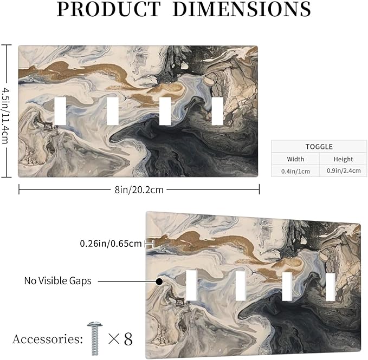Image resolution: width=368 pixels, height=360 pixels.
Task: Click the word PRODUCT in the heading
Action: tap(108, 9)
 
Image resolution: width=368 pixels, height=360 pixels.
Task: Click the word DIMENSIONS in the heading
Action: tap(242, 9)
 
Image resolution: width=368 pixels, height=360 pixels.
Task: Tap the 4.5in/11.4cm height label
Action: tap(5, 115)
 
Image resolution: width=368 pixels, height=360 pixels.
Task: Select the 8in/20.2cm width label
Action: tap(139, 189)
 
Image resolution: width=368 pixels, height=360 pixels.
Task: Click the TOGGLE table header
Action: tap(319, 147)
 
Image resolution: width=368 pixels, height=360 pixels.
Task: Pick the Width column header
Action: tap(295, 159)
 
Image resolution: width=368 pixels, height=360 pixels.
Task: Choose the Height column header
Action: tap(344, 159)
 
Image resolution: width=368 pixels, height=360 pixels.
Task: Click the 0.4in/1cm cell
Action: tap(295, 171)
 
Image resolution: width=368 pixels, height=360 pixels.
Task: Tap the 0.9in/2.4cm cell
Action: tap(344, 171)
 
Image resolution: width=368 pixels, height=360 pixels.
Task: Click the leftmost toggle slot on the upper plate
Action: tap(60, 111)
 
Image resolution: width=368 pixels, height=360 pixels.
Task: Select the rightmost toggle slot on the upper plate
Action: tap(217, 111)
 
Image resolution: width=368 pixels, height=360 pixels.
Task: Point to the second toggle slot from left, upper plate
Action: tap(113, 111)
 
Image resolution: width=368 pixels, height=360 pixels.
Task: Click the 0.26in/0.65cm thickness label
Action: tap(111, 244)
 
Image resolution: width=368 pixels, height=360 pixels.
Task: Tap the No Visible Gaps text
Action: tap(58, 281)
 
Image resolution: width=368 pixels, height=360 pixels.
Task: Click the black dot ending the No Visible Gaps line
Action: tap(159, 282)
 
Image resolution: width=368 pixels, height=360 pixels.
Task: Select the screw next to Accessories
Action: tap(95, 338)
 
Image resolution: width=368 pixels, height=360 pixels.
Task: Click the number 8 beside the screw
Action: tap(128, 339)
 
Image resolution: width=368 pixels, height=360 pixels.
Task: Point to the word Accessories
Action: tap(47, 339)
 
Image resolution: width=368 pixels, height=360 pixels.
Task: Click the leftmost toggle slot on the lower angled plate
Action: tap(191, 285)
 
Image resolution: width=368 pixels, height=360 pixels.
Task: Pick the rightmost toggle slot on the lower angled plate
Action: tap(331, 287)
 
